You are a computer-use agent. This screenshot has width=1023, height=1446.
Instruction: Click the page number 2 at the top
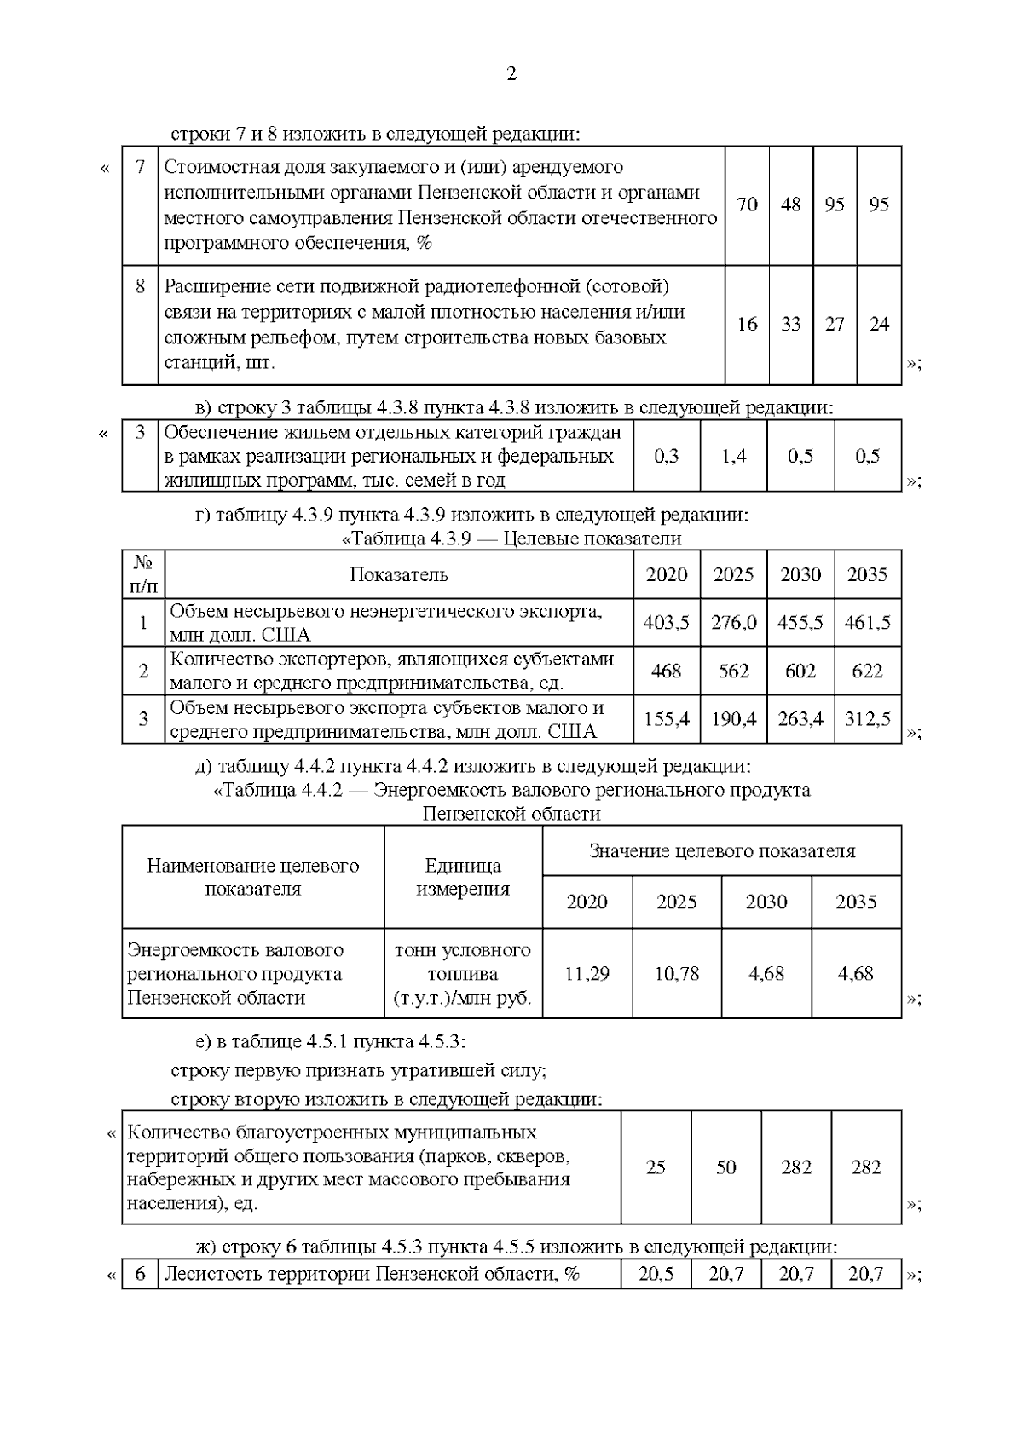[x=511, y=74]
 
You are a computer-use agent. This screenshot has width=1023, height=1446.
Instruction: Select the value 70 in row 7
[x=747, y=205]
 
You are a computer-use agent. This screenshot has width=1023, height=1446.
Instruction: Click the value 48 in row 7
[x=791, y=205]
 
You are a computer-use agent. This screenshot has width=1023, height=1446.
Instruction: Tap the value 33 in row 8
[x=791, y=324]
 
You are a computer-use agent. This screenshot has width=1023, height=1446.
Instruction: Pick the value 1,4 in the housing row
[x=733, y=456]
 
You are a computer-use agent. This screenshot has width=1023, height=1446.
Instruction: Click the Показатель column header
[x=399, y=574]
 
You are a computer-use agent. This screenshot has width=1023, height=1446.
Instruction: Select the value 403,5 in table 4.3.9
[x=666, y=622]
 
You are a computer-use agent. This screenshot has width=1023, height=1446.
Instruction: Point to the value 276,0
[x=733, y=622]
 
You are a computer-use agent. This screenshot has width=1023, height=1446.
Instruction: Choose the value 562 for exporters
[x=733, y=671]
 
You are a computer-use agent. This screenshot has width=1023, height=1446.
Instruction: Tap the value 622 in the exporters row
[x=867, y=671]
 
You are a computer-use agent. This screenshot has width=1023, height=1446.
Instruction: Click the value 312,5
[x=867, y=719]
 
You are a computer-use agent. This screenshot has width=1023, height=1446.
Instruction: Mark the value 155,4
[x=666, y=719]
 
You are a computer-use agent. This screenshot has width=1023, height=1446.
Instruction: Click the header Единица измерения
[x=463, y=877]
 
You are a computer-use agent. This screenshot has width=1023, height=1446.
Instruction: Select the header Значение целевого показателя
[x=721, y=850]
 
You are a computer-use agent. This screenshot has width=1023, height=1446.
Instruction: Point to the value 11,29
[x=587, y=973]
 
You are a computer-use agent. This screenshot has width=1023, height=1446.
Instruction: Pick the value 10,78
[x=676, y=973]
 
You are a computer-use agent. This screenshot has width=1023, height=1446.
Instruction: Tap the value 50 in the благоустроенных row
[x=725, y=1167]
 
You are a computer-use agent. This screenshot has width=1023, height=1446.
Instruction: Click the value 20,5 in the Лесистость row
[x=655, y=1275]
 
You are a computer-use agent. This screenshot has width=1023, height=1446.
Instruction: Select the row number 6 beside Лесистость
[x=141, y=1275]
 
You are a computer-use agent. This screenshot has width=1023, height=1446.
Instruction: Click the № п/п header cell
[x=143, y=574]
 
